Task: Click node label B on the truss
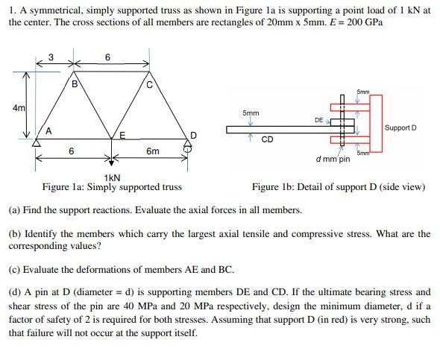pyautogui.click(x=74, y=84)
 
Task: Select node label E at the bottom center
pyautogui.click(x=122, y=134)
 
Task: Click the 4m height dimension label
pyautogui.click(x=17, y=108)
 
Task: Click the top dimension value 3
pyautogui.click(x=51, y=57)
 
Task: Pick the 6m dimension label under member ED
pyautogui.click(x=152, y=151)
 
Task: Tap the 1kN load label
pyautogui.click(x=113, y=177)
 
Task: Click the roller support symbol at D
pyautogui.click(x=186, y=148)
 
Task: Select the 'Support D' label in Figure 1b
pyautogui.click(x=400, y=127)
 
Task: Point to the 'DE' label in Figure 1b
pyautogui.click(x=318, y=119)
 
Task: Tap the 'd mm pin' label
pyautogui.click(x=333, y=159)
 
